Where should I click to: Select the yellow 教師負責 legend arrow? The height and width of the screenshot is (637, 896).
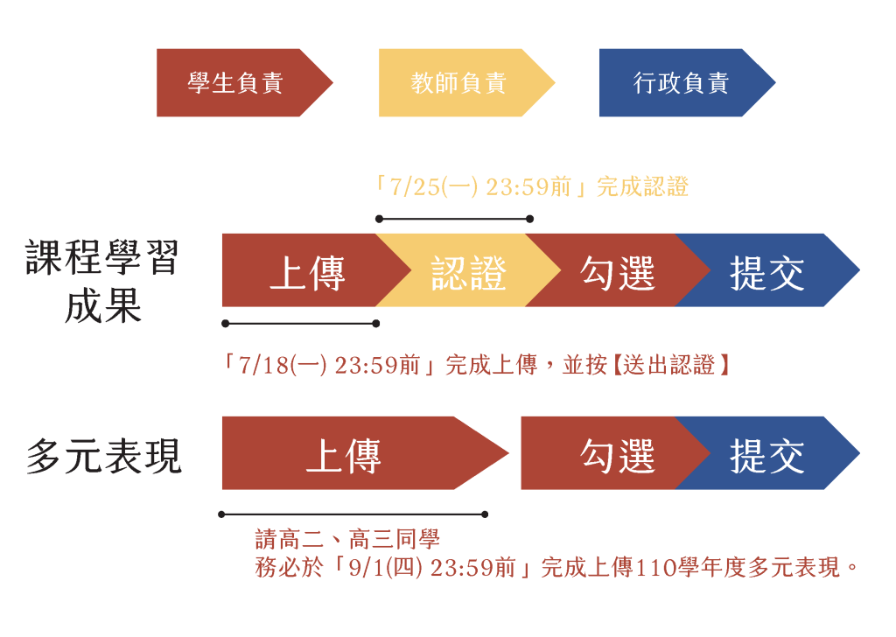pyautogui.click(x=464, y=83)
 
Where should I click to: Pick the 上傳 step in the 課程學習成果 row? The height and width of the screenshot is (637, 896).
pyautogui.click(x=309, y=270)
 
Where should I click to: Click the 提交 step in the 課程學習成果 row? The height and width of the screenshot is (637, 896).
pyautogui.click(x=766, y=270)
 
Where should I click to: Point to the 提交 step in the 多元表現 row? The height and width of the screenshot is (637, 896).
pyautogui.click(x=766, y=453)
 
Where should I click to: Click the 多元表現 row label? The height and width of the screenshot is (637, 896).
pyautogui.click(x=104, y=456)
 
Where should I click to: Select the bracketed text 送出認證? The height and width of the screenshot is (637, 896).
pyautogui.click(x=669, y=365)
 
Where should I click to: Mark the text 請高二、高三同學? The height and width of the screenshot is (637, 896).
pyautogui.click(x=347, y=539)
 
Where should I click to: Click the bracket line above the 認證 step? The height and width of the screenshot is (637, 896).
pyautogui.click(x=454, y=219)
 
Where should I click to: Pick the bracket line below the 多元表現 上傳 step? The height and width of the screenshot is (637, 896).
pyautogui.click(x=353, y=514)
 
